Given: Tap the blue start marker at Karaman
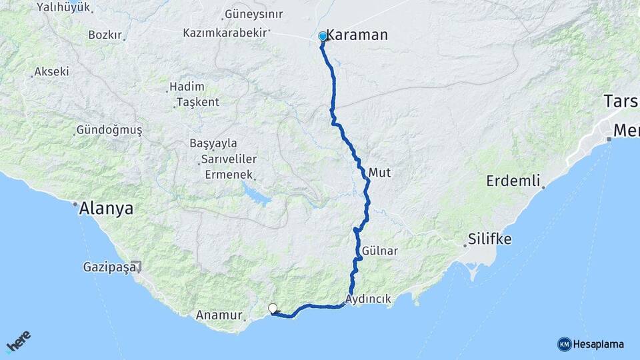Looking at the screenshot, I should [323, 37].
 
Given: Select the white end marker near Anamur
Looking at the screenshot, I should [273, 308].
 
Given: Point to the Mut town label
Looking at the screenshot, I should [379, 173].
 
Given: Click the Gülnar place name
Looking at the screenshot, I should [381, 251].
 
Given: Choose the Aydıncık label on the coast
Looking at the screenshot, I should [369, 299].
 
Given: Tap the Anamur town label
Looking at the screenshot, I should [219, 314].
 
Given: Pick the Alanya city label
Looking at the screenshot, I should [106, 209].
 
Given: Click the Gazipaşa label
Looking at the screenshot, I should [109, 267].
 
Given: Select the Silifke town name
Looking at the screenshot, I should [489, 239].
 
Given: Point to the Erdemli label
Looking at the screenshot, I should [512, 181].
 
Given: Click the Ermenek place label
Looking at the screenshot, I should [229, 175].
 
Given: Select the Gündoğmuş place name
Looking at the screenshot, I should [109, 130].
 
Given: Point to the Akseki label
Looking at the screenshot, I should [51, 71].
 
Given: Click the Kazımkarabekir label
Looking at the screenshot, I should [225, 32].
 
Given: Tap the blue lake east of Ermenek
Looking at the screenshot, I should [255, 195].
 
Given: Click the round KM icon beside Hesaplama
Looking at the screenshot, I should [564, 344].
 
